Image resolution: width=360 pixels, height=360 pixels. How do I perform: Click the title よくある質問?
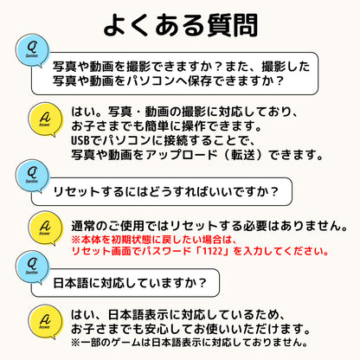[181, 25]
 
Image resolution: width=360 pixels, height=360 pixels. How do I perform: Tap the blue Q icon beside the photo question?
[33, 50]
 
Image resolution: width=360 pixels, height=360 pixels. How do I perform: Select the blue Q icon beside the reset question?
[33, 176]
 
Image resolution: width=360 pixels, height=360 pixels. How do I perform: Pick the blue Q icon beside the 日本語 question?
[33, 267]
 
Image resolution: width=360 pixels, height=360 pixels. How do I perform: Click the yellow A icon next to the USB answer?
[45, 119]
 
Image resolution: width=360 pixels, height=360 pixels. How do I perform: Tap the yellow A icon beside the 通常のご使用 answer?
[45, 228]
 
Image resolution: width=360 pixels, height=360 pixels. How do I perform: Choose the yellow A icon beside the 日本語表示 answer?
[45, 322]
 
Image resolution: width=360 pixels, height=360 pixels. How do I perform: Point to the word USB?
[79, 140]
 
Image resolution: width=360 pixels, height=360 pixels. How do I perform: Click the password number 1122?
[212, 251]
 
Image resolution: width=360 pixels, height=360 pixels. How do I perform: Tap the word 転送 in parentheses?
[244, 155]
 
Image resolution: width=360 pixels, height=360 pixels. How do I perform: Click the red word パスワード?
[166, 251]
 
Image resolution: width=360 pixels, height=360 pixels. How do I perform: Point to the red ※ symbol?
[76, 240]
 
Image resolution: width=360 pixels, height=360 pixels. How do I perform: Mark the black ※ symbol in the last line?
[76, 343]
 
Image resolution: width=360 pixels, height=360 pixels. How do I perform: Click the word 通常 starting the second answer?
[83, 226]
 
